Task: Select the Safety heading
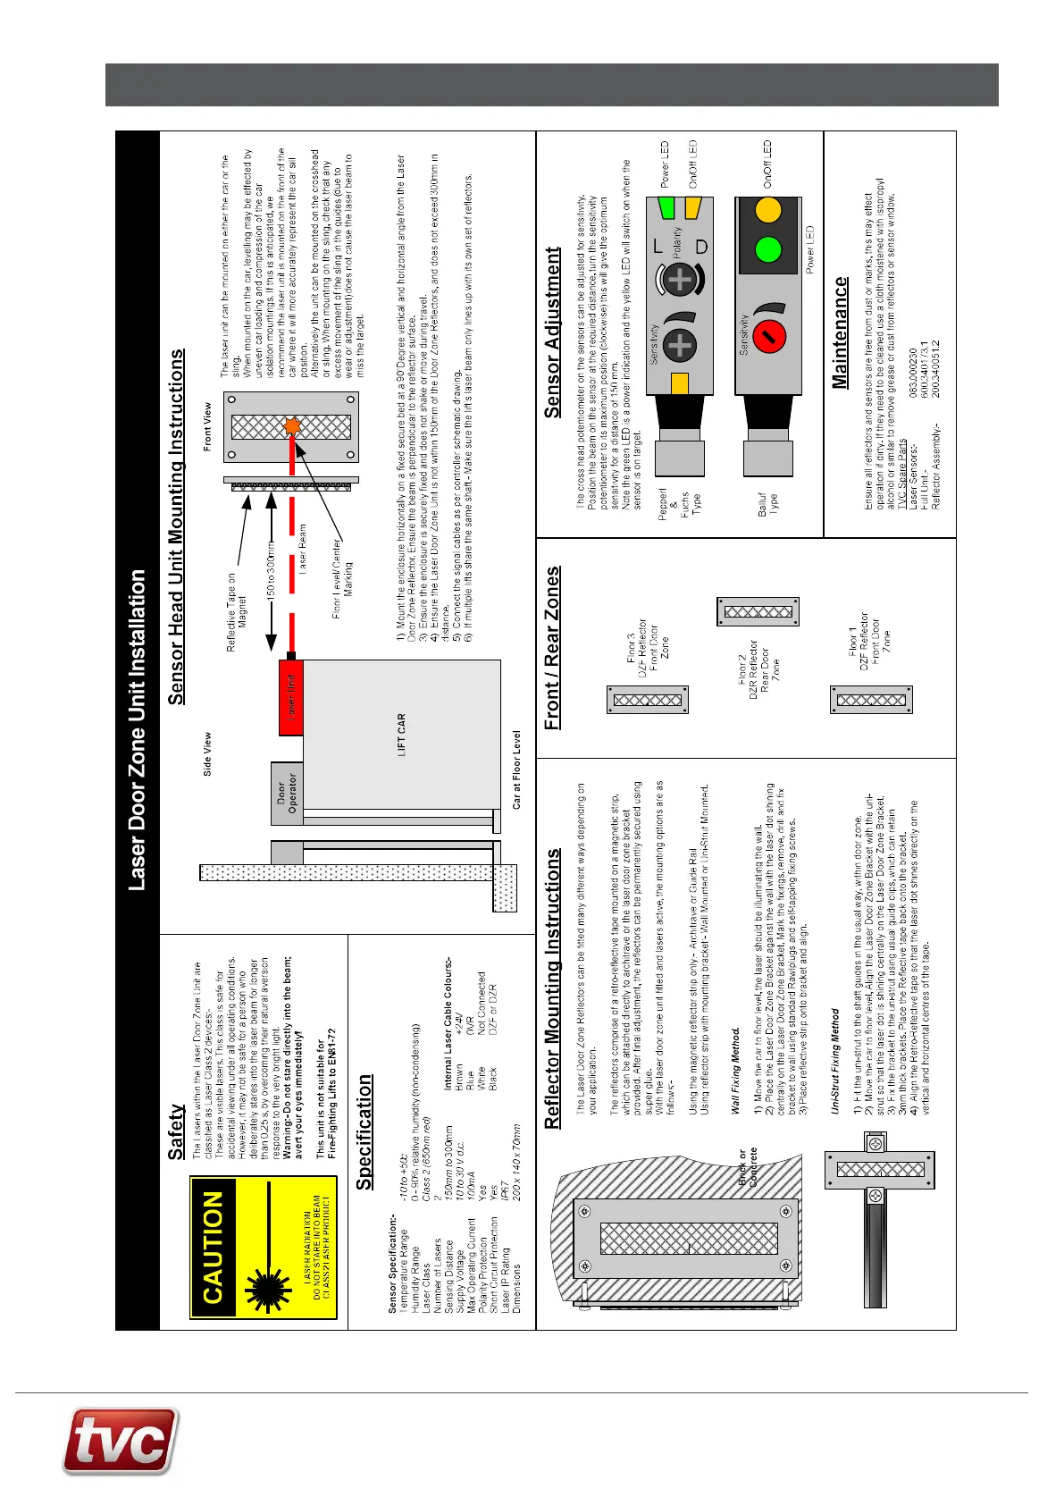[x=176, y=1131]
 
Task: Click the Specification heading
[x=364, y=1131]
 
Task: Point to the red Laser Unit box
[x=291, y=697]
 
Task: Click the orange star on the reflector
[x=291, y=426]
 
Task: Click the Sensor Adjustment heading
[x=553, y=332]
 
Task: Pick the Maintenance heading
[x=840, y=332]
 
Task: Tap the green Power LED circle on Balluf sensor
[x=767, y=248]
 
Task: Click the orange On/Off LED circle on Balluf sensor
[x=767, y=211]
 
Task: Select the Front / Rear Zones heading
[x=553, y=648]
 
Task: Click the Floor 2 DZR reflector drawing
[x=758, y=612]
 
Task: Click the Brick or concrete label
[x=747, y=1167]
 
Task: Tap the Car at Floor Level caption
[x=517, y=769]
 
